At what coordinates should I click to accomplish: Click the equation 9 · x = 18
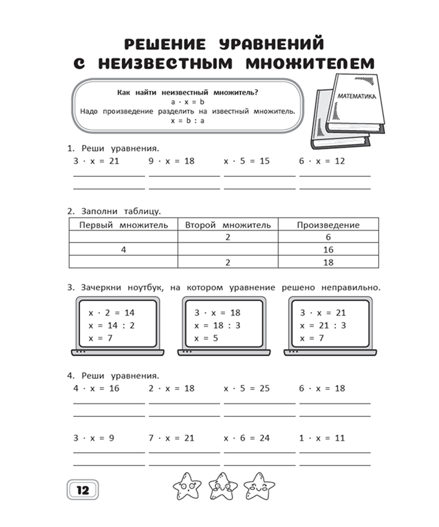(x=171, y=160)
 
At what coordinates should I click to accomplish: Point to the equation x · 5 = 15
(x=246, y=160)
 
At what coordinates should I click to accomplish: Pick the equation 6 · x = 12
(x=322, y=160)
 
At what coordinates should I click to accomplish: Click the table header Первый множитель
(x=124, y=225)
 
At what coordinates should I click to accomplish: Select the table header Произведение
(x=328, y=225)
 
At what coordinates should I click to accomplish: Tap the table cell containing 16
(x=328, y=250)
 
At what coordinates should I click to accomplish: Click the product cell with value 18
(x=328, y=262)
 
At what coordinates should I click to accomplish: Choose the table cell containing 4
(x=124, y=250)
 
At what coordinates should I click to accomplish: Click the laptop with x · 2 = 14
(x=118, y=325)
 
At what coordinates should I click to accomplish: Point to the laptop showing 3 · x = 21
(x=330, y=325)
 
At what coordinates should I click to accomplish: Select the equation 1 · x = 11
(x=322, y=438)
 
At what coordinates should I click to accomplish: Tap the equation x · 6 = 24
(x=246, y=438)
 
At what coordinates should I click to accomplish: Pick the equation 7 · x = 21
(x=171, y=438)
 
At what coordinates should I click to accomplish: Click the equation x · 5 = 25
(x=246, y=388)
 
